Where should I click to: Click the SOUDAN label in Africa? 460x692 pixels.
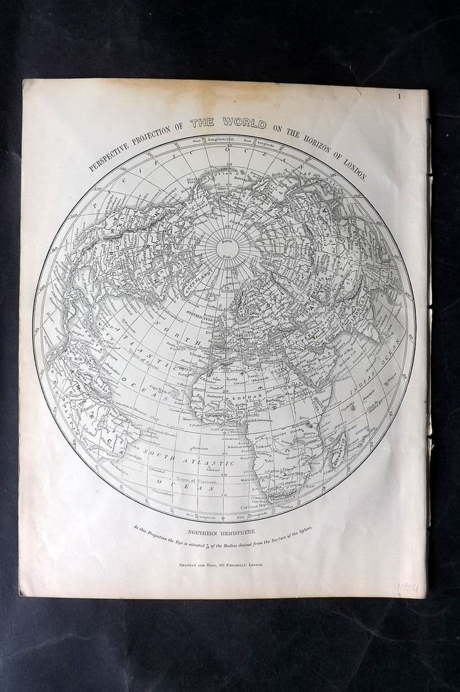click(x=242, y=399)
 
